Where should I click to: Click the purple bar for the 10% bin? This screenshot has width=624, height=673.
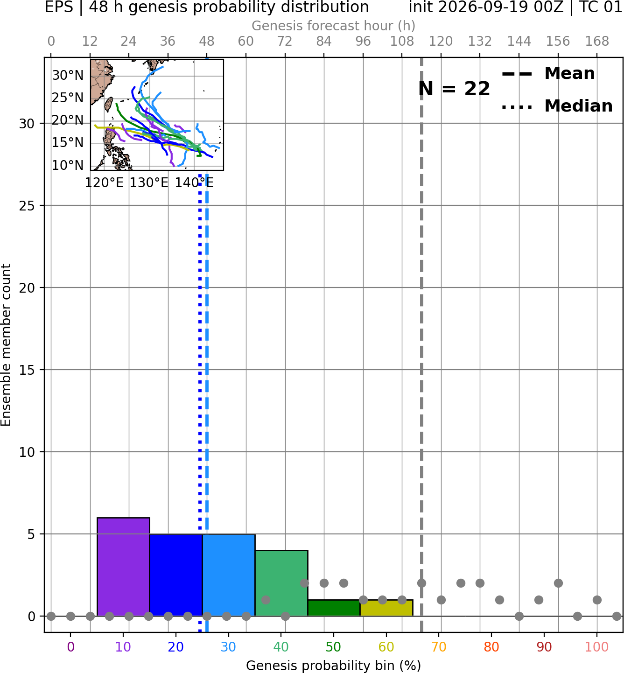[x=123, y=567]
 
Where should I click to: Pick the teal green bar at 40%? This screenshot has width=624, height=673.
[x=281, y=583]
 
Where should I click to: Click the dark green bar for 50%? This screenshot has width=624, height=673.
[x=334, y=608]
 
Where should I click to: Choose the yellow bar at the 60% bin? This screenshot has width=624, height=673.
[x=386, y=608]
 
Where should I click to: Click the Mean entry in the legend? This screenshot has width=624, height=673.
[x=548, y=74]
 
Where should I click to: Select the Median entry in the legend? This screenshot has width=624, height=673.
[x=557, y=106]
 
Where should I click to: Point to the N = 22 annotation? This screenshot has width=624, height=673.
[x=454, y=89]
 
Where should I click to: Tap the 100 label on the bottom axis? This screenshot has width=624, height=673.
[x=597, y=647]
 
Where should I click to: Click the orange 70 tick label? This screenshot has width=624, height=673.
[x=439, y=647]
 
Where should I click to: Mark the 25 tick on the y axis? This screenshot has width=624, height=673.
[x=27, y=206]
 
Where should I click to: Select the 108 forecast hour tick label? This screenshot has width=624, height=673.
[x=402, y=42]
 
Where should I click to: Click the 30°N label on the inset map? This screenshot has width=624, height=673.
[x=68, y=75]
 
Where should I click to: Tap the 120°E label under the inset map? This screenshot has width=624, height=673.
[x=104, y=183]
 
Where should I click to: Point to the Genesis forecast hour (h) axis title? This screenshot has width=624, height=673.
[x=334, y=26]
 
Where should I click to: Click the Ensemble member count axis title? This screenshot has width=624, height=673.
[x=6, y=345]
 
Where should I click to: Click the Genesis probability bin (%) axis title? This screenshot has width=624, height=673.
[x=334, y=666]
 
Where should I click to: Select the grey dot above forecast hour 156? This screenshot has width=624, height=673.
[x=558, y=583]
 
